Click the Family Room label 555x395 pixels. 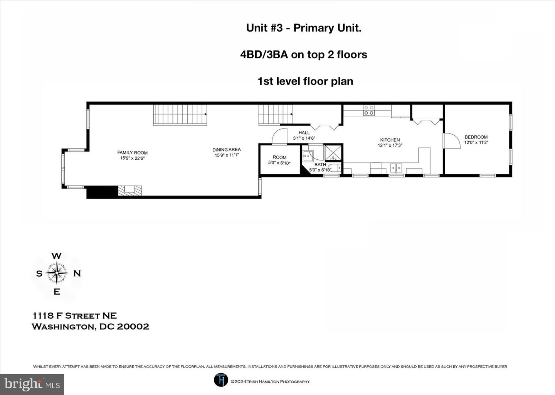click(132, 153)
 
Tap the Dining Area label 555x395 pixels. click(227, 150)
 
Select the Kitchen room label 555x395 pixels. click(390, 140)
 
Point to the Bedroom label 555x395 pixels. click(476, 137)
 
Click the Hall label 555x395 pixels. click(304, 133)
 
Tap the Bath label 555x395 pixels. click(320, 165)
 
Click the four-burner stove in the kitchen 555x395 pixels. click(369, 110)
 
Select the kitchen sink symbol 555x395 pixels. click(396, 168)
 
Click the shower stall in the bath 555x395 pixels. click(333, 152)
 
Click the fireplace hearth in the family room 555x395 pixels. click(130, 190)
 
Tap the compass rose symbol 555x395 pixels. click(57, 273)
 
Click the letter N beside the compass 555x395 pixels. click(77, 273)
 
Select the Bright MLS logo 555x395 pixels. click(32, 384)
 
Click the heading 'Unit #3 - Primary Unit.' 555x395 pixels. click(304, 28)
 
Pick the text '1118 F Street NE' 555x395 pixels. click(74, 316)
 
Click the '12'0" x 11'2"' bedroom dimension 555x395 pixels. click(476, 143)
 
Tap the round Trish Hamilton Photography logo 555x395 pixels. click(221, 380)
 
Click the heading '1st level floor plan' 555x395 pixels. click(305, 81)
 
